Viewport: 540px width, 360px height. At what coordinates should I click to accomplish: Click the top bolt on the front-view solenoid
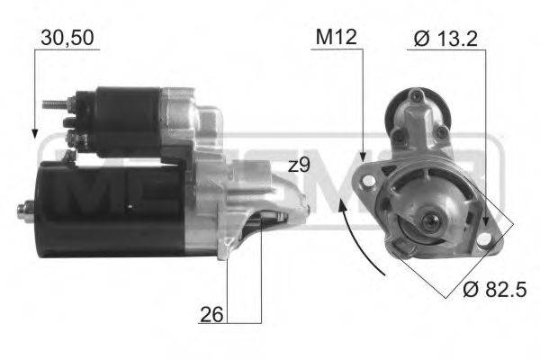pos(416,97)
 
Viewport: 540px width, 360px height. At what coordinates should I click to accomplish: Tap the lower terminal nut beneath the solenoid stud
pos(74,138)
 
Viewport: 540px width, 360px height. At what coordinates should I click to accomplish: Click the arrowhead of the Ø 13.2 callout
pos(485,224)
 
